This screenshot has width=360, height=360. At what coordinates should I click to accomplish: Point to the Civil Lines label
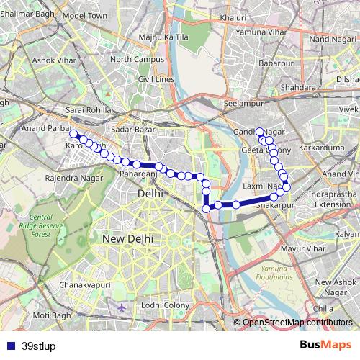(x=156, y=78)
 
